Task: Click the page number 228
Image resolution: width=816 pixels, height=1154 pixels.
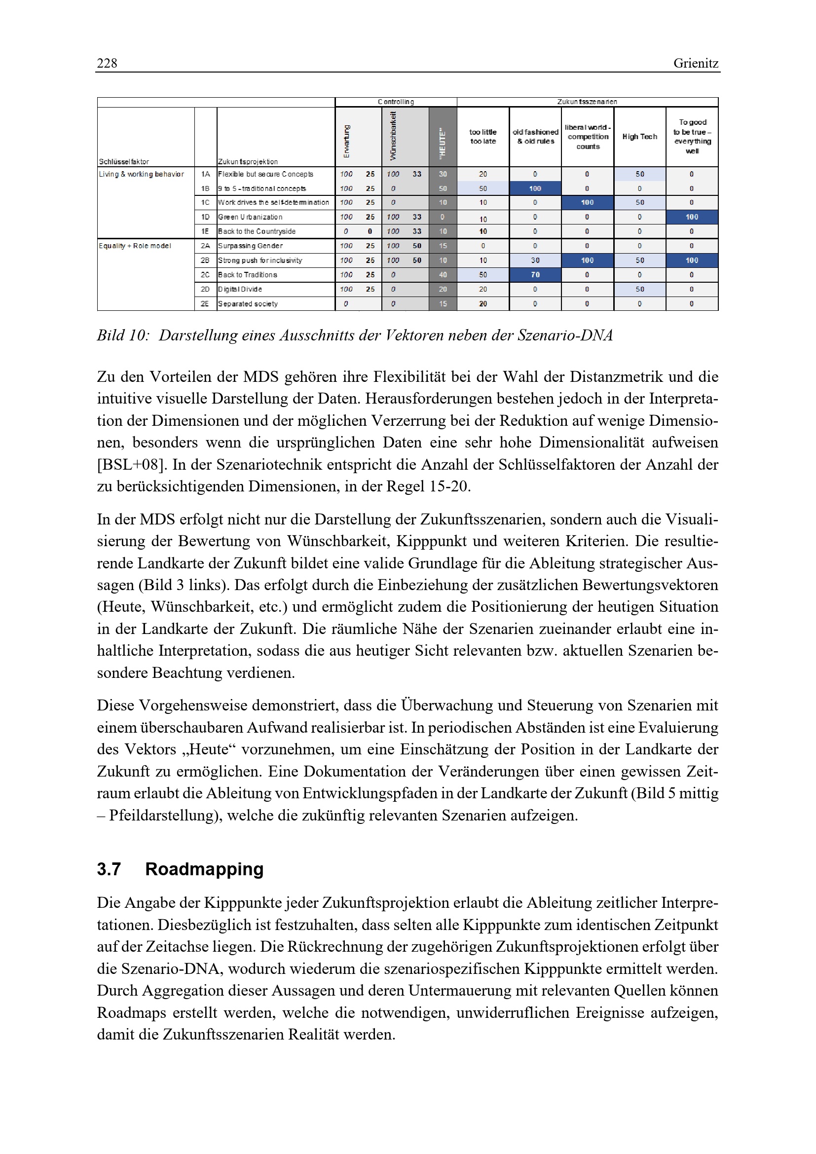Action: tap(107, 63)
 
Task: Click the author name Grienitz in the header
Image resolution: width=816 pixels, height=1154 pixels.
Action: tap(696, 63)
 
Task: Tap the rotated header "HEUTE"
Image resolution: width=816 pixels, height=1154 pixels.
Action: tap(443, 144)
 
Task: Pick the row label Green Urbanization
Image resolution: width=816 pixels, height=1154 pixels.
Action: tap(250, 217)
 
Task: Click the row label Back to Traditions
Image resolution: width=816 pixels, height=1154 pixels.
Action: tap(248, 275)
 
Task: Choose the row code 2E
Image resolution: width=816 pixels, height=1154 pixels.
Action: tap(205, 303)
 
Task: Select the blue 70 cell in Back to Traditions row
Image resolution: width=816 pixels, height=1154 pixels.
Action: tap(535, 275)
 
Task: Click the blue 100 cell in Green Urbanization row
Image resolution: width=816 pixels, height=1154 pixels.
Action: tap(691, 217)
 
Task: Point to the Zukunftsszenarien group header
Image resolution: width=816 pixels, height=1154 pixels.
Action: tap(587, 102)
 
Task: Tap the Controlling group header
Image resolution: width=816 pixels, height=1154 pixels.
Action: tap(396, 102)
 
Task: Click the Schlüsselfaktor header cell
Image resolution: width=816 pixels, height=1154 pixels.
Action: tap(124, 162)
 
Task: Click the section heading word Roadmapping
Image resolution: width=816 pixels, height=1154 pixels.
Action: tap(204, 869)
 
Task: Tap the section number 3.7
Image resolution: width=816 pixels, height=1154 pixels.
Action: tap(109, 869)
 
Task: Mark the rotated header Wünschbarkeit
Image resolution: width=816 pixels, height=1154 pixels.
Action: tap(393, 136)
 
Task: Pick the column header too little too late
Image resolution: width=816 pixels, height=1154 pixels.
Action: tap(482, 137)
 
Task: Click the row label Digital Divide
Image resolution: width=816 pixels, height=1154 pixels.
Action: tap(240, 290)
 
